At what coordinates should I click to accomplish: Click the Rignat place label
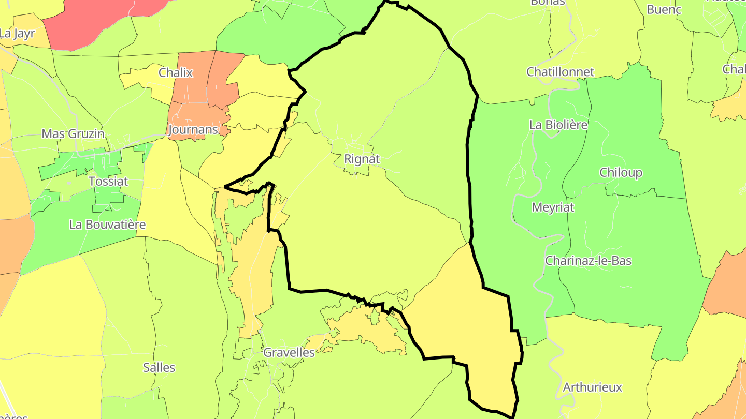(362, 159)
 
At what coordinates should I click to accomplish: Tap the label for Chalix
(176, 72)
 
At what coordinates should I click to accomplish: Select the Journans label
(193, 129)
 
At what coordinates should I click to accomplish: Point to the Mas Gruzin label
(73, 133)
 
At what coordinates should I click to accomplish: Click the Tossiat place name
(108, 182)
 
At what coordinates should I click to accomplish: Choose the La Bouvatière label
(107, 225)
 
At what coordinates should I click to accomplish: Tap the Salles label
(159, 368)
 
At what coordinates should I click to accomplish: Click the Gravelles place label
(289, 352)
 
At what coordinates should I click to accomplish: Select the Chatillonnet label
(560, 71)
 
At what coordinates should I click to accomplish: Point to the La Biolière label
(558, 124)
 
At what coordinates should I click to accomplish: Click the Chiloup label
(621, 172)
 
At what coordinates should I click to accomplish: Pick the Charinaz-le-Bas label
(588, 260)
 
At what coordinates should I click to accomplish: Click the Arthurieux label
(592, 387)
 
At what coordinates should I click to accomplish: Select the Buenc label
(664, 9)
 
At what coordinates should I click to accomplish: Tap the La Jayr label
(17, 34)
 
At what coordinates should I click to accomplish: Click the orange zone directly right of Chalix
(224, 78)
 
